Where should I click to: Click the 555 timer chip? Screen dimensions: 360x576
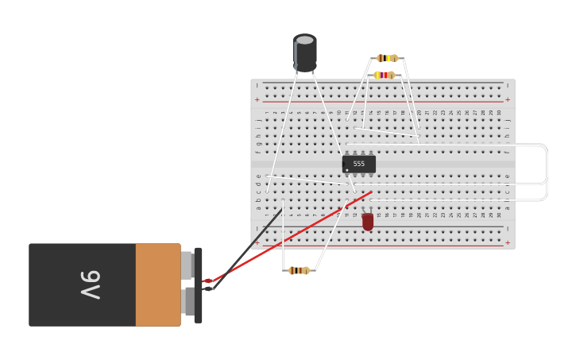coord(358,164)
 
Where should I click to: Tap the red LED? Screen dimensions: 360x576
coord(368,222)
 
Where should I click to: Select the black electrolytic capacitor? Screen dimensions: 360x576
coord(305,54)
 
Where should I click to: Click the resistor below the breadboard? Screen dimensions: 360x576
coord(299,271)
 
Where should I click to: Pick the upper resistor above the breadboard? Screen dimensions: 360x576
coord(387,58)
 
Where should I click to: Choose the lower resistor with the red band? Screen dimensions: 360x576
coord(385,75)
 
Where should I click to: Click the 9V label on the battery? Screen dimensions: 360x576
coord(90,285)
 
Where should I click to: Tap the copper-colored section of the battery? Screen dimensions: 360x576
coord(158,285)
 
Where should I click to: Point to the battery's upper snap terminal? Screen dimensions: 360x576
coord(187,265)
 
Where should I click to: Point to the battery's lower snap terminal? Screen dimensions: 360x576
coord(189,302)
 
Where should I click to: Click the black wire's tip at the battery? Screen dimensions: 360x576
coord(208,288)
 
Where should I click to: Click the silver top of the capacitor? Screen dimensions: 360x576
coord(305,40)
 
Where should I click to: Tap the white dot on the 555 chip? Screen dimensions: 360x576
coord(347,170)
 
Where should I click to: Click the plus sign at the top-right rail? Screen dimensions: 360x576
coord(507,100)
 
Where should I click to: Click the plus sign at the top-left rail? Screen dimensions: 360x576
coord(257,100)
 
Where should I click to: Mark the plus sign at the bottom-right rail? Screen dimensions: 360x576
coord(507,242)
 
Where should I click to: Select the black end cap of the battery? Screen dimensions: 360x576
coord(198,285)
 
